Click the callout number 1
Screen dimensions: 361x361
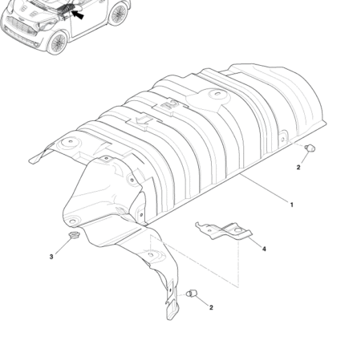[x=292, y=205]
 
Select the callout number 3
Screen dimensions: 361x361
[x=51, y=257]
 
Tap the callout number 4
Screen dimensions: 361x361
[x=264, y=249]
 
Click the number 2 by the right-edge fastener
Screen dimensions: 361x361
[x=298, y=168]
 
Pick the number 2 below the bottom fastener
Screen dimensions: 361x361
[x=211, y=307]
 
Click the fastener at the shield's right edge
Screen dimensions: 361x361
[x=310, y=148]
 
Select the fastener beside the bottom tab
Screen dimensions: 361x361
[x=191, y=294]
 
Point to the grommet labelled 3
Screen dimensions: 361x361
[x=72, y=235]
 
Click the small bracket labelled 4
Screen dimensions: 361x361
[x=224, y=230]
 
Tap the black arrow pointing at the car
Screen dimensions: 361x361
[x=78, y=14]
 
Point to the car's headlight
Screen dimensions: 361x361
[x=47, y=26]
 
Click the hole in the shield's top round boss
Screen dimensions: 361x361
[x=216, y=94]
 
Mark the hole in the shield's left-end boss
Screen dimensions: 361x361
[x=71, y=141]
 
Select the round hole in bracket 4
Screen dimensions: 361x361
[x=237, y=230]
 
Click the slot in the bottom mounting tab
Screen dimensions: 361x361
[x=169, y=290]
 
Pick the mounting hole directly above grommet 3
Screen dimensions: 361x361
[x=72, y=221]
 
